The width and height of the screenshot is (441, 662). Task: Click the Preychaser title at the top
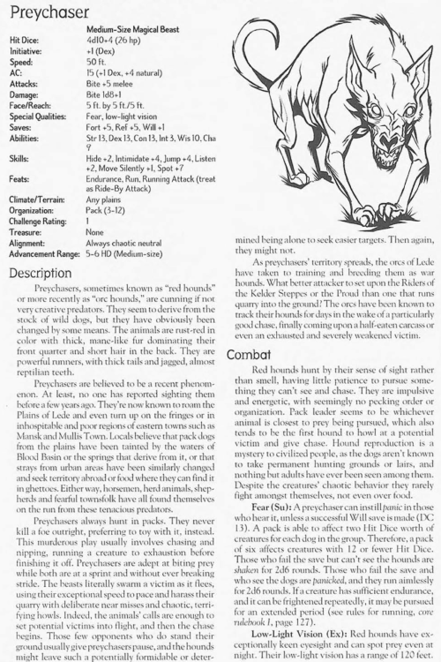[54, 13]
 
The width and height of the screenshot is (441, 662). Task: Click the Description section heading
[48, 273]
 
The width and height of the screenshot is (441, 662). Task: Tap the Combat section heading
[256, 353]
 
